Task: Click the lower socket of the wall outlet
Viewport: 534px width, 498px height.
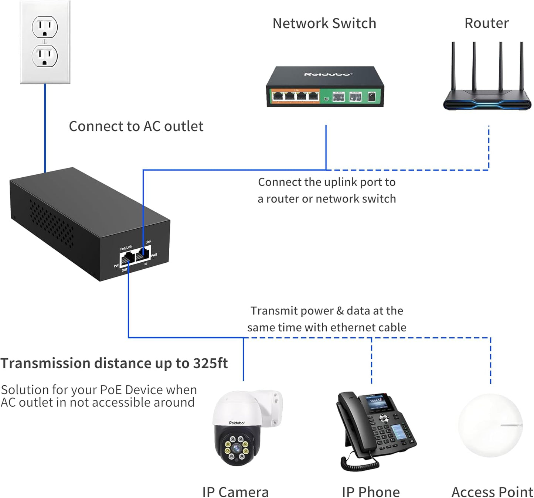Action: pos(45,56)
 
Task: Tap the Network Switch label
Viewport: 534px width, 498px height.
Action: pos(324,23)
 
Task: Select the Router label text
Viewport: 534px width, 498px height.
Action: pos(486,23)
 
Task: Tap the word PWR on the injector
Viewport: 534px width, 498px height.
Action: pos(154,255)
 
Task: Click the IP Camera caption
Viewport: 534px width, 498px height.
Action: pos(235,492)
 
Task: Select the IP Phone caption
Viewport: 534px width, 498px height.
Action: pos(371,492)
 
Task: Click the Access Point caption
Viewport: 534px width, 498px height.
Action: pos(492,492)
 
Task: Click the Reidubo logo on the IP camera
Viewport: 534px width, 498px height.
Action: pos(237,423)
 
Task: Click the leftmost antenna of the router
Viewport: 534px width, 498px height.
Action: pos(453,66)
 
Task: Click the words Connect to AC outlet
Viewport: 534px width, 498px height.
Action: pos(136,126)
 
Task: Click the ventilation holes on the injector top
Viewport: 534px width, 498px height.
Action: pos(52,222)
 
